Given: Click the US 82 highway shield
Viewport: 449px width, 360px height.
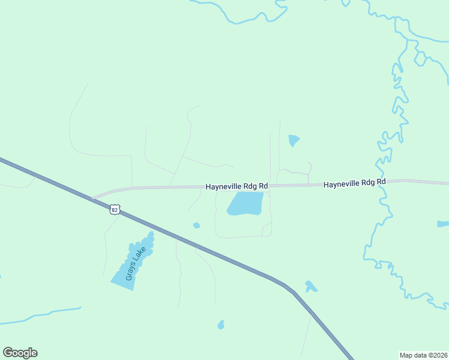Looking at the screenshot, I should [x=115, y=209].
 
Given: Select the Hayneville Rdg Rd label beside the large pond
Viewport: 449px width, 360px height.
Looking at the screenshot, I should [x=237, y=187].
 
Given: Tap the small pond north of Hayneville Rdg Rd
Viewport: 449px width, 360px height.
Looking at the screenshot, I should [x=293, y=140].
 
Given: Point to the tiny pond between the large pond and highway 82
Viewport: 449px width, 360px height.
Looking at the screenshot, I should [x=196, y=226].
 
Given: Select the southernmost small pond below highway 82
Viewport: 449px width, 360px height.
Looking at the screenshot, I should [x=221, y=325].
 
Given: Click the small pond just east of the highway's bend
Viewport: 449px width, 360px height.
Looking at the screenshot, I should [x=310, y=286].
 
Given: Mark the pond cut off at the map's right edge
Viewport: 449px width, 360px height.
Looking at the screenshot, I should [x=443, y=224].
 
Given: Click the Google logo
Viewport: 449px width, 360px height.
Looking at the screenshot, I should [x=20, y=353].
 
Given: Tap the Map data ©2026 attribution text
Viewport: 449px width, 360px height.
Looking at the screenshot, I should [x=423, y=355].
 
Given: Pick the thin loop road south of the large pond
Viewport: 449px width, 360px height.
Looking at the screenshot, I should [x=240, y=236].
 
